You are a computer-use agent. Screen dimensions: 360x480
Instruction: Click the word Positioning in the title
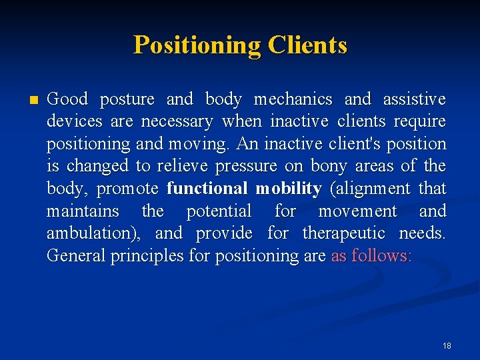coord(197,45)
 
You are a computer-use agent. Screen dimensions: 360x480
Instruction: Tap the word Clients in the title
coord(307,45)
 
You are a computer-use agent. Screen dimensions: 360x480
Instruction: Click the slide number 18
coord(446,345)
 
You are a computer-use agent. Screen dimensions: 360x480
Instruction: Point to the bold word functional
coord(207,189)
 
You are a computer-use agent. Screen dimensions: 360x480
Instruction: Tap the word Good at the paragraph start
coord(67,99)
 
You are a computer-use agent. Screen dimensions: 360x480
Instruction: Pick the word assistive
coord(414,99)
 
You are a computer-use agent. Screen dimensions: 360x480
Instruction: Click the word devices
coord(75,121)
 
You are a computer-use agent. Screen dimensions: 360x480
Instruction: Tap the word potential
coord(219,211)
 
